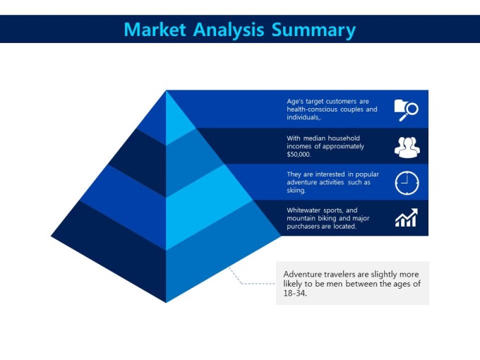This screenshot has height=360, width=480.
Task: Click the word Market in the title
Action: [x=155, y=30]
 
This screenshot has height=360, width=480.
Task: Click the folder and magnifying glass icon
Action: [x=406, y=110]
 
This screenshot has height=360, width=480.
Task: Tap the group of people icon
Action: [x=407, y=148]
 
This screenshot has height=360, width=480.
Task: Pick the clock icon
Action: [x=407, y=183]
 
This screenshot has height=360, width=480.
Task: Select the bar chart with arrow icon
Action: [x=406, y=217]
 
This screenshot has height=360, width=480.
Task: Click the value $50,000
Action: [x=299, y=155]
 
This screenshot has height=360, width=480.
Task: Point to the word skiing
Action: [x=296, y=191]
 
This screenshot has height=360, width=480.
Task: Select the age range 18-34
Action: [x=295, y=293]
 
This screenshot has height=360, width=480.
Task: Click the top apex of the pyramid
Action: [x=166, y=90]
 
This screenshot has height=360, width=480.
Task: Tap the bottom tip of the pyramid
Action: [x=166, y=302]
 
